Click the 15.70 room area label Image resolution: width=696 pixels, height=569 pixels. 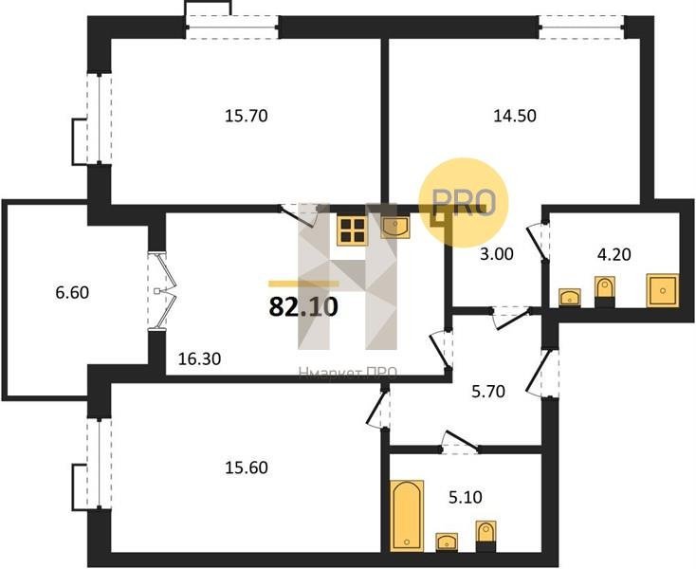[247, 117]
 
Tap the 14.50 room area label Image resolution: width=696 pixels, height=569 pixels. [515, 116]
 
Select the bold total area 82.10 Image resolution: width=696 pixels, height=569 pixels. [303, 306]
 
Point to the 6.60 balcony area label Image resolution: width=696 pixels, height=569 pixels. [72, 293]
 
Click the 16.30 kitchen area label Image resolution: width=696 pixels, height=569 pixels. [199, 358]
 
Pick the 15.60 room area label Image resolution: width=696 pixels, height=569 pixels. [247, 468]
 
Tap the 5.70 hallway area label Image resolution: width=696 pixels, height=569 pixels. [487, 392]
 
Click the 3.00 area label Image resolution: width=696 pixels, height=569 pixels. [496, 254]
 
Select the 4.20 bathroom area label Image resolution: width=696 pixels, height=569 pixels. [614, 255]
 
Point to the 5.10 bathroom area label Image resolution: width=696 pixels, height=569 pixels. [466, 497]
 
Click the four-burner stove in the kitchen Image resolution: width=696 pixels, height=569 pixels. [353, 230]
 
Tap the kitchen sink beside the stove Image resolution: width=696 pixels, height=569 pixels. [395, 228]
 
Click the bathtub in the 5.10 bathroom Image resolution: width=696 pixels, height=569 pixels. [407, 516]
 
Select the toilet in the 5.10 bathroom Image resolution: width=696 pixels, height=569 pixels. [485, 536]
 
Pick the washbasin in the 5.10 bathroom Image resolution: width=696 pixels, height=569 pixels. [447, 541]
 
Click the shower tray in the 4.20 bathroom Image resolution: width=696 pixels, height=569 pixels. [663, 290]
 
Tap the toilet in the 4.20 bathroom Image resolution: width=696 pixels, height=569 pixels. [605, 291]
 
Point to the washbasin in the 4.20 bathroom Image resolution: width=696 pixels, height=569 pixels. [570, 298]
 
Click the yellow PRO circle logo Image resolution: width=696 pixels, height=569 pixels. [464, 202]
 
